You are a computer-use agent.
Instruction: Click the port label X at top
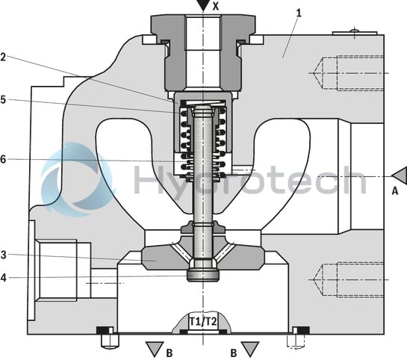pos(217,5)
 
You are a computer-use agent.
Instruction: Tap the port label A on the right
pos(395,190)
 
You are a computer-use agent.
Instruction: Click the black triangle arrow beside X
pos(201,5)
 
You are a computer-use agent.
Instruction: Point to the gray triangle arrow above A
pos(398,175)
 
